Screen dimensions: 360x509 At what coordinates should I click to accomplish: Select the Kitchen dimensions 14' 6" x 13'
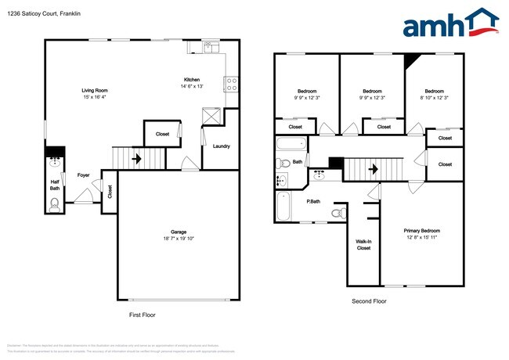tap(193, 86)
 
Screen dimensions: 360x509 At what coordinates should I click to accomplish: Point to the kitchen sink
tap(209, 48)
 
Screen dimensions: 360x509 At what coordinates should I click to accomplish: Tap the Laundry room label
tap(221, 146)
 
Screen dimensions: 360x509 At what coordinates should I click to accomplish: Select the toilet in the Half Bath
tap(55, 205)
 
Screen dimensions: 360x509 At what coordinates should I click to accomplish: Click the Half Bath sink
tap(55, 164)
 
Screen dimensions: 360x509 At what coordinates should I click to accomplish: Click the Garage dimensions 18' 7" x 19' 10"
tap(179, 238)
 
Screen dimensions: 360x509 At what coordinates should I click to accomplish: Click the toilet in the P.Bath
tap(338, 212)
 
